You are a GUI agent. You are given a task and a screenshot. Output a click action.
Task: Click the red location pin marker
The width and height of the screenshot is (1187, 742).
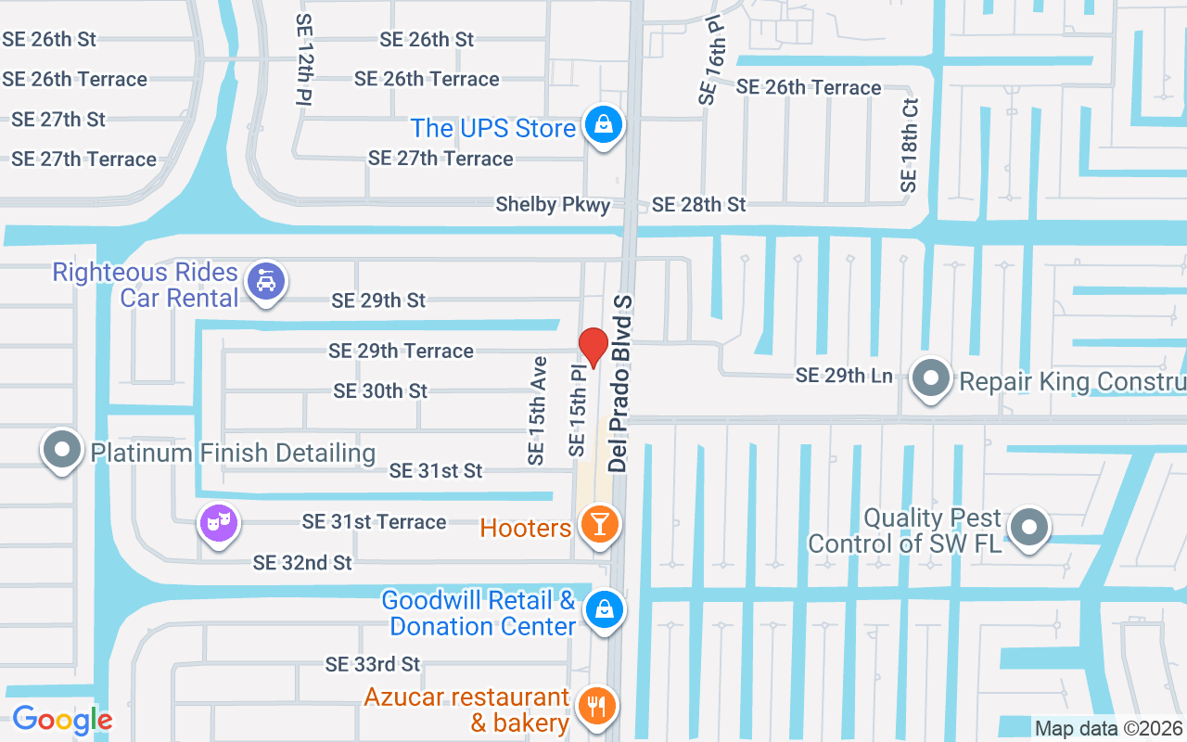[593, 346]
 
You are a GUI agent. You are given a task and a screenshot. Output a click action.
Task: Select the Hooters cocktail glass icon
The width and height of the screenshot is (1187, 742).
[598, 525]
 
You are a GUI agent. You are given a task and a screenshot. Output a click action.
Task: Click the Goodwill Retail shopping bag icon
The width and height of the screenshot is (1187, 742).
[604, 610]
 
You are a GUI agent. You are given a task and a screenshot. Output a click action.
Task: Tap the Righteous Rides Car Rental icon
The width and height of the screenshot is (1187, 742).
[266, 280]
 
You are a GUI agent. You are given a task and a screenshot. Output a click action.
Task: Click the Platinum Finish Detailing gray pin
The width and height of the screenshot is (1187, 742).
[62, 451]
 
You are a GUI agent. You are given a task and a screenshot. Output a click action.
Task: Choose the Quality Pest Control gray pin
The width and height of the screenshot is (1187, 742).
[1028, 528]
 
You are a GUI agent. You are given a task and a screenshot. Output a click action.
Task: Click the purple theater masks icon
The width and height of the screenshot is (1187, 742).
[219, 523]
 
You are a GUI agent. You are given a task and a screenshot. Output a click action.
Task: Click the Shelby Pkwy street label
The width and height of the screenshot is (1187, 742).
[553, 204]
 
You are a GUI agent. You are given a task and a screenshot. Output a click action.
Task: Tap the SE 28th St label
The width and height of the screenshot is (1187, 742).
[698, 204]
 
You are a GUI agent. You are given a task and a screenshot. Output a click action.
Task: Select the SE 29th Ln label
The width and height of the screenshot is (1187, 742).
[844, 376]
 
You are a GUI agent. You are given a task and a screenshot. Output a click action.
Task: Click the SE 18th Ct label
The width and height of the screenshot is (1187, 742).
[909, 147]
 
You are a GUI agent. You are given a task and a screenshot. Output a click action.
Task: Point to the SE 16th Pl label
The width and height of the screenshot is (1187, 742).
[712, 59]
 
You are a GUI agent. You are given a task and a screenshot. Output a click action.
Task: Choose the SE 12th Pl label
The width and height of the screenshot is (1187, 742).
[304, 58]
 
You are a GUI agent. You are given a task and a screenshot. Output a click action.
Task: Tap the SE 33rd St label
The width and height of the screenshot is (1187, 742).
[372, 664]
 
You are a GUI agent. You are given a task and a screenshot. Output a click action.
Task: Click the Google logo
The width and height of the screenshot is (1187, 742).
[62, 720]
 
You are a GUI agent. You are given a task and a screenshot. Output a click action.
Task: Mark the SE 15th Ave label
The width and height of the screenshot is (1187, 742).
[536, 410]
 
